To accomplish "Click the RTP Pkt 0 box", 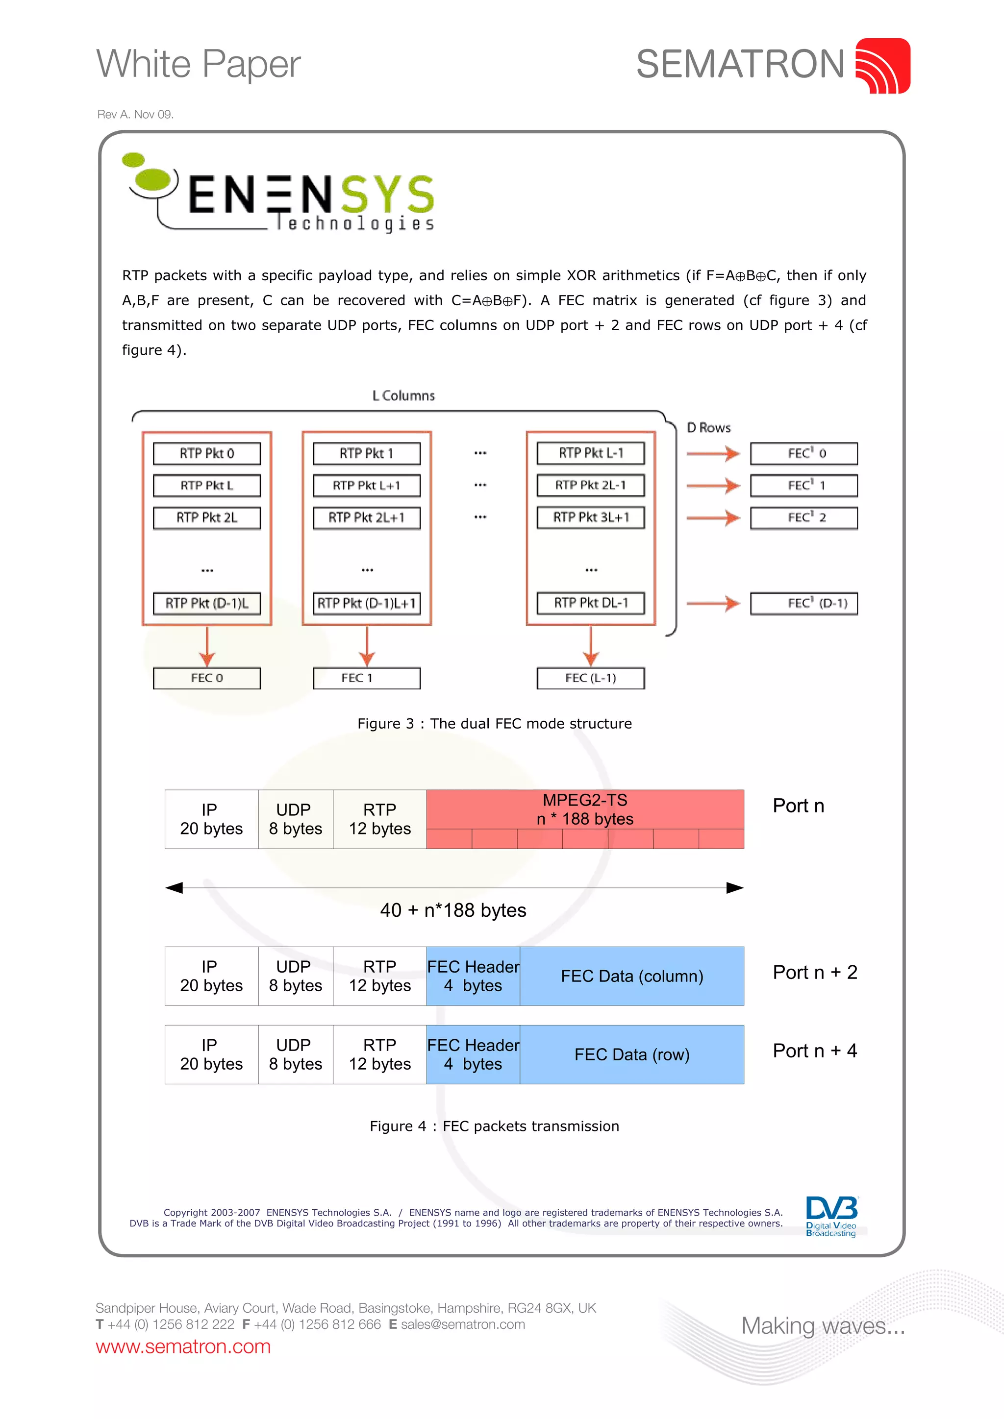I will [206, 453].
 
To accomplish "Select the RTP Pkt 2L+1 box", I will [366, 517].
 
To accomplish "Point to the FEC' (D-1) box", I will [803, 603].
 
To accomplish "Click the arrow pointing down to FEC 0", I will [207, 646].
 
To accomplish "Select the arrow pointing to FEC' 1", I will [713, 486].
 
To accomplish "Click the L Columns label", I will [403, 395].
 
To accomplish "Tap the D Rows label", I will [708, 428].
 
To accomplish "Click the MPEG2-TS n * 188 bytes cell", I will [585, 809].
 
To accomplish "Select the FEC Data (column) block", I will [631, 976].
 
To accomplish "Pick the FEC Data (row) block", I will [631, 1054].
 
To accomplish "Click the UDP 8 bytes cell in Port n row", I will [296, 819].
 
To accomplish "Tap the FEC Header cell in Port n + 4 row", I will [473, 1054].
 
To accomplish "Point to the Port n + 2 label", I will [814, 972].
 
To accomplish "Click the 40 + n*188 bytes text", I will [452, 910].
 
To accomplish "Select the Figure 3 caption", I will [494, 724].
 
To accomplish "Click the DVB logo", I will [831, 1216].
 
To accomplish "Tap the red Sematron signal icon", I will [882, 66].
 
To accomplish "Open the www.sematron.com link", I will [183, 1346].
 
